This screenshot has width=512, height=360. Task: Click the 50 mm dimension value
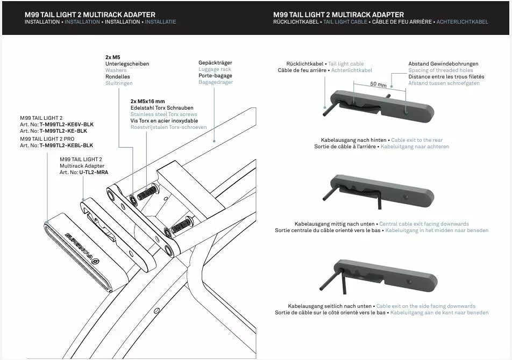pos(379,85)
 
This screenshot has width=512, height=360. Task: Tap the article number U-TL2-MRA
pos(94,172)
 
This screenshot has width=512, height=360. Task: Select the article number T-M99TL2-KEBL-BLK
pos(66,146)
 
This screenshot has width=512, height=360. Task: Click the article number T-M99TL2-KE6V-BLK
pos(66,124)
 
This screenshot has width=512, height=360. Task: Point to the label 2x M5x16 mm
pos(147,101)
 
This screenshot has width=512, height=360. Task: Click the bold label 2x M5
pos(112,57)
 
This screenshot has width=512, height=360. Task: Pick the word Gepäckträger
pos(215,63)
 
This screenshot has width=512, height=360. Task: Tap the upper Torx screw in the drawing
pos(147,192)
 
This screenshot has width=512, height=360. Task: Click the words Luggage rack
pos(215,69)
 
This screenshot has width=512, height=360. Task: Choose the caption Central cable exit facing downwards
pos(424,224)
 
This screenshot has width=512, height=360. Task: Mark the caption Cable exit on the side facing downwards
pos(425,306)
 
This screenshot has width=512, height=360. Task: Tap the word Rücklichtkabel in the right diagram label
pos(304,64)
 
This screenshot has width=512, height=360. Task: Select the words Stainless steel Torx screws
pos(163,114)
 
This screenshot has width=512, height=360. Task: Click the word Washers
pos(116,70)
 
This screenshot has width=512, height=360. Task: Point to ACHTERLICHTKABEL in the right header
pos(462,22)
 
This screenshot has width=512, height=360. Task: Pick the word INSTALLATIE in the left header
pos(160,22)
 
